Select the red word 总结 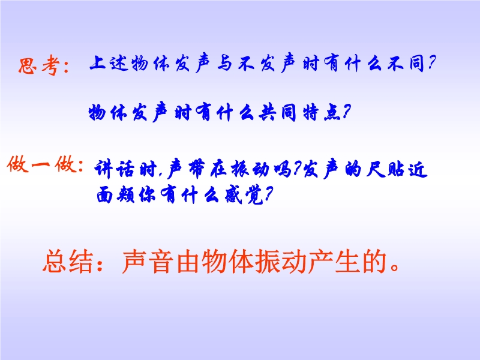pyautogui.click(x=68, y=261)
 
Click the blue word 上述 pyautogui.click(x=109, y=63)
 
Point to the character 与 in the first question pyautogui.click(x=224, y=64)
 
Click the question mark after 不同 pyautogui.click(x=431, y=63)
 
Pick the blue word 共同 pyautogui.click(x=277, y=113)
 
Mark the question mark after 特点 pyautogui.click(x=346, y=112)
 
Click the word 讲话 pyautogui.click(x=114, y=169)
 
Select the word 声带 pyautogui.click(x=187, y=169)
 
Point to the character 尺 pyautogui.click(x=374, y=169)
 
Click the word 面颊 pyautogui.click(x=115, y=194)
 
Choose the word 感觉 pyautogui.click(x=244, y=194)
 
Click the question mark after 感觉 pyautogui.click(x=268, y=194)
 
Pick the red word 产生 pyautogui.click(x=334, y=261)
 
